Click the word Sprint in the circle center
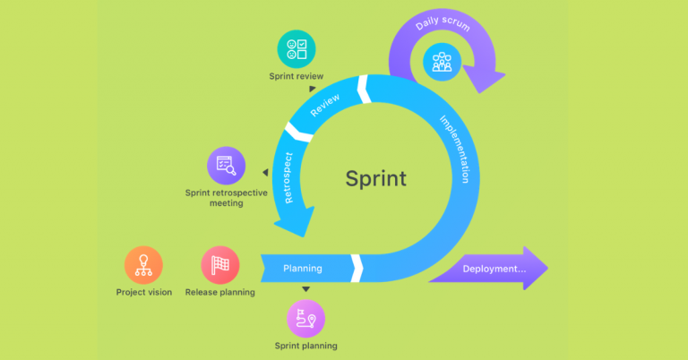click(x=375, y=178)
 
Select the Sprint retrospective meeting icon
click(x=226, y=165)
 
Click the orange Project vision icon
click(x=143, y=265)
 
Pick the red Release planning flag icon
click(x=219, y=265)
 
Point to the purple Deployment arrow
click(x=488, y=268)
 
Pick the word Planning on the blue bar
click(x=303, y=268)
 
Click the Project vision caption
click(x=144, y=292)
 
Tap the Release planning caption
click(x=219, y=292)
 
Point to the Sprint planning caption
click(x=306, y=346)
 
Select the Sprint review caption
click(x=297, y=76)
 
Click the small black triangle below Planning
click(x=305, y=289)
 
